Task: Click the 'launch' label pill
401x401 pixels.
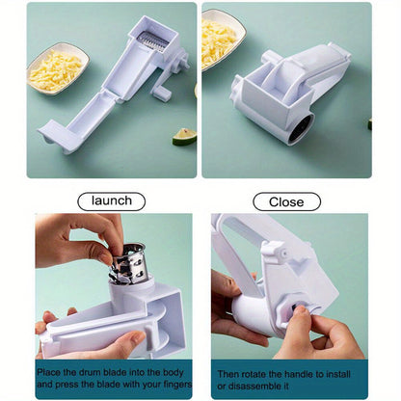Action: point(112,201)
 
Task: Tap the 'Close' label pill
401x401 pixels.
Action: point(286,202)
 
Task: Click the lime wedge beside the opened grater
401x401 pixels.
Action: point(184,137)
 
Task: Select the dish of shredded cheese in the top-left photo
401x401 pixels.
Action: point(58,68)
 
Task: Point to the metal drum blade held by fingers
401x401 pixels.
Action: point(128,264)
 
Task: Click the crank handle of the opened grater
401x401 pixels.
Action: point(164,91)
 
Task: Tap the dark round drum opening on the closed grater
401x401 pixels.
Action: point(302,128)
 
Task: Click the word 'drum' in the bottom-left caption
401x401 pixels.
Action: point(91,373)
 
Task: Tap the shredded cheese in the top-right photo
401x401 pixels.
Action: point(217,42)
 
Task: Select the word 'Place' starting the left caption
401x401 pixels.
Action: point(48,373)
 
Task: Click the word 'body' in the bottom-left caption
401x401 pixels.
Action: point(173,373)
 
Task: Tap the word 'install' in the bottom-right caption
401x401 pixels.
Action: point(338,374)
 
